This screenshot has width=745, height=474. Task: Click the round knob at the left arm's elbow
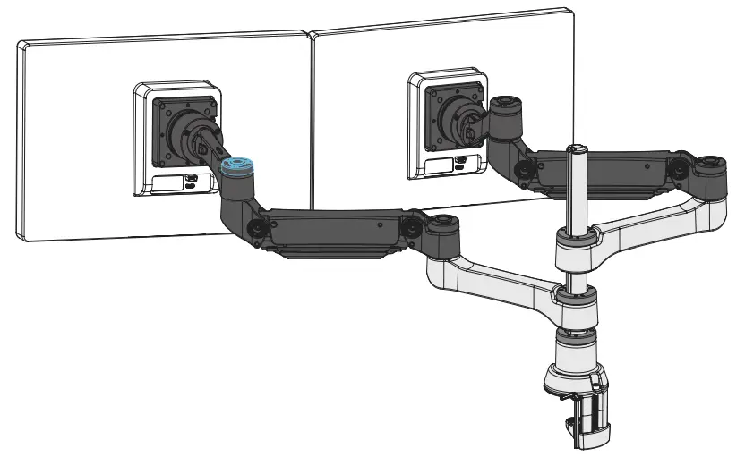(255, 227)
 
